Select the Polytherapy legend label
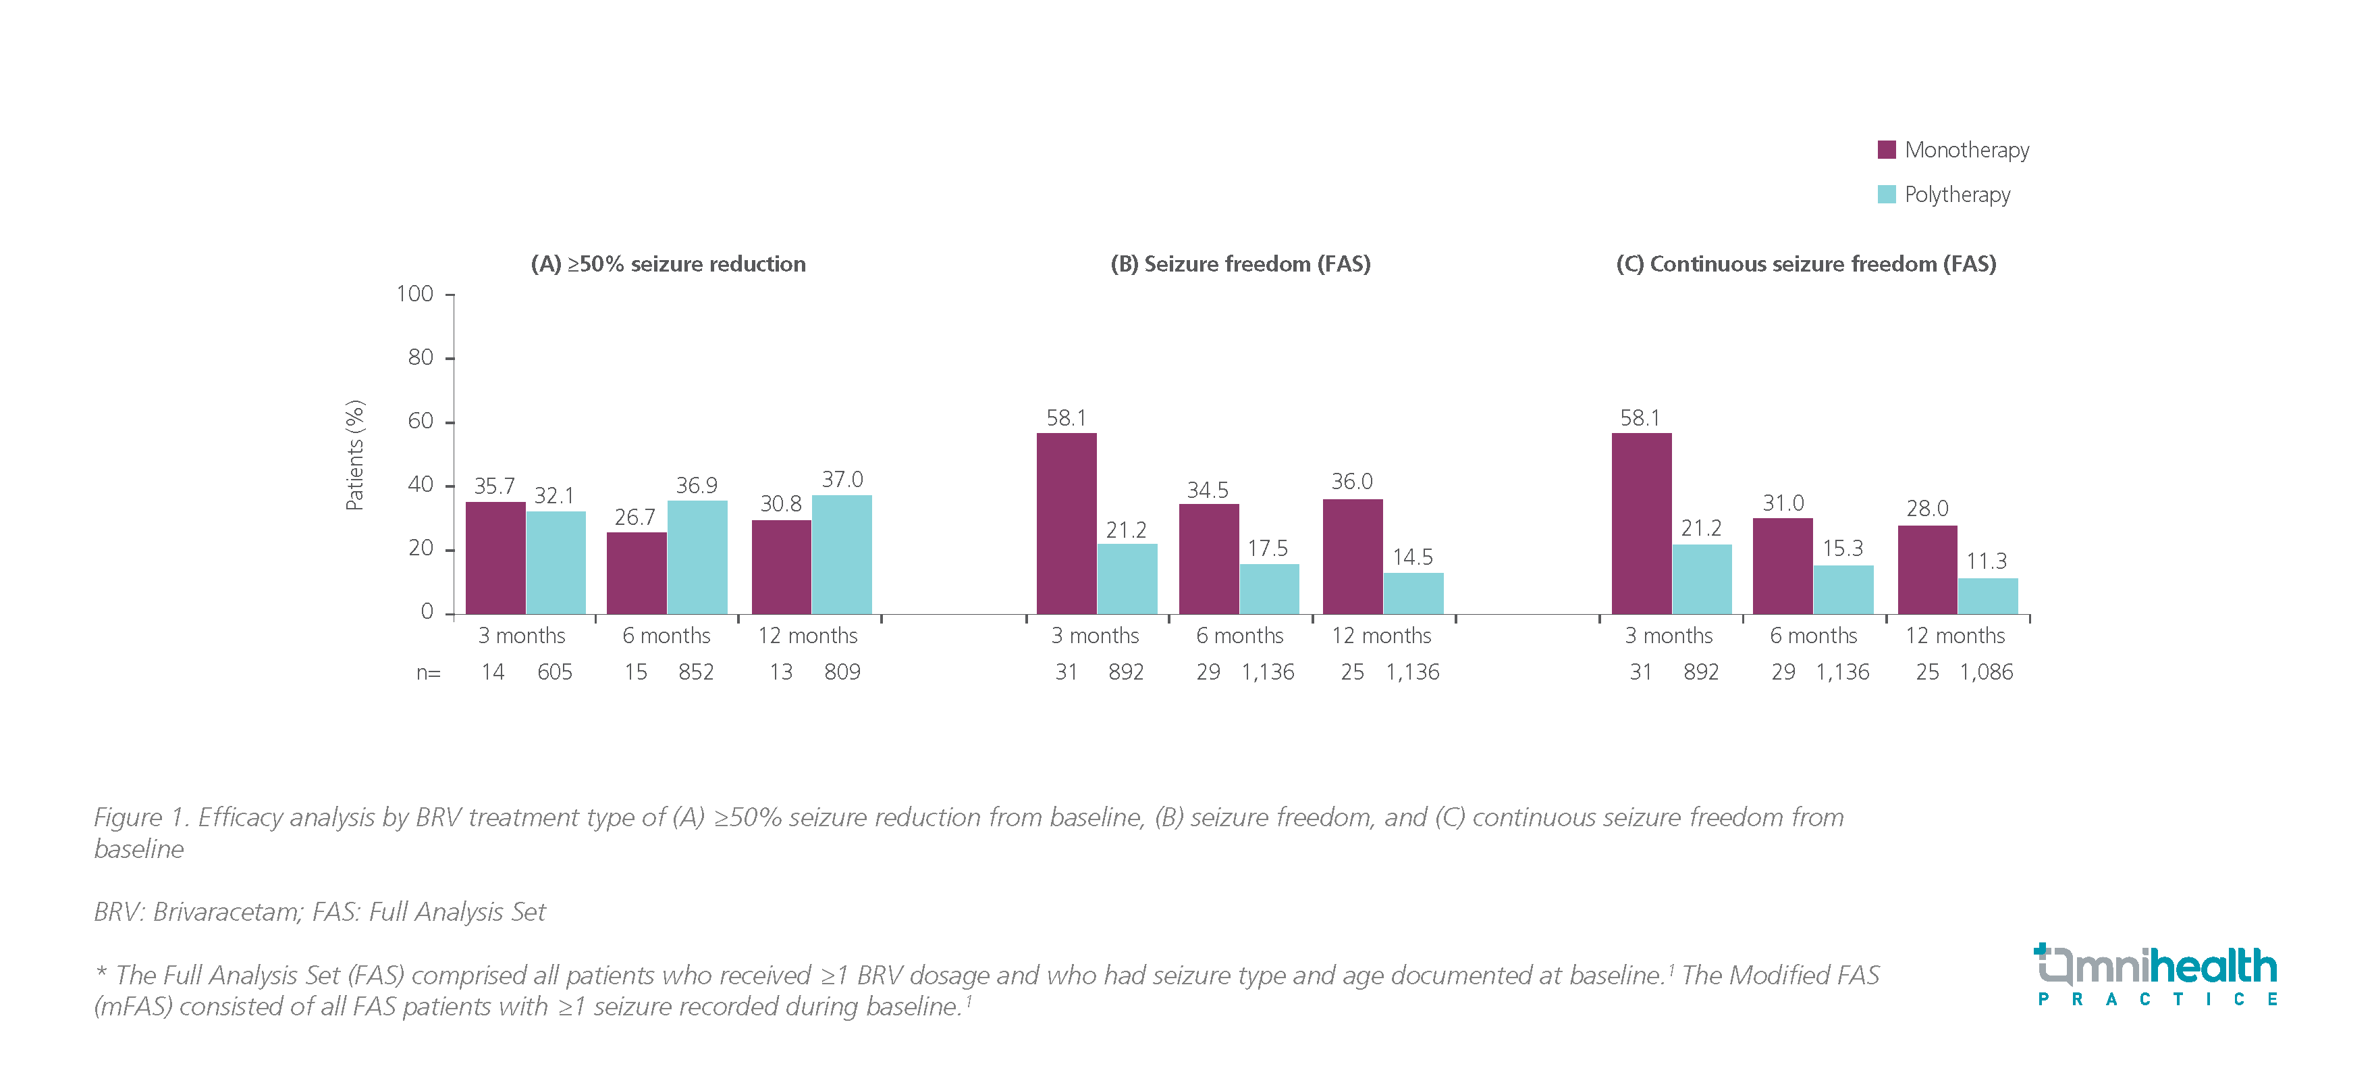(x=1957, y=195)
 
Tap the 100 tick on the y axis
(x=414, y=294)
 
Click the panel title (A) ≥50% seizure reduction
(x=668, y=265)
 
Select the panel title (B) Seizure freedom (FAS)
(x=1241, y=265)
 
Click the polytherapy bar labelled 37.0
(x=842, y=554)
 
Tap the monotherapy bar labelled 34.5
(x=1208, y=559)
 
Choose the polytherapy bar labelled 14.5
(x=1413, y=593)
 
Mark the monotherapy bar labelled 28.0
(x=1927, y=570)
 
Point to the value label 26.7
(x=635, y=517)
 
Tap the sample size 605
(x=555, y=672)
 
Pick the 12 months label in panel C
(x=1955, y=636)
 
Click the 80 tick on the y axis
(x=421, y=358)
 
